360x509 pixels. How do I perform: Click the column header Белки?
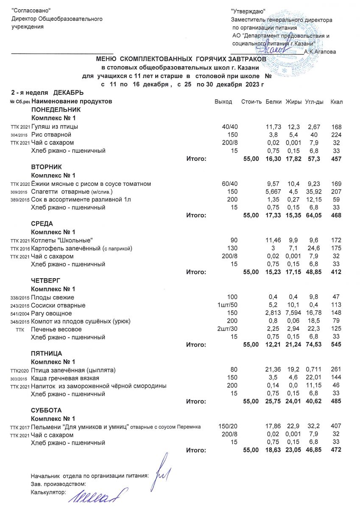(273, 102)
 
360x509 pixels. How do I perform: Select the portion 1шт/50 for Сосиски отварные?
(227, 305)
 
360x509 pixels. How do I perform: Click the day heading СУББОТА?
(46, 411)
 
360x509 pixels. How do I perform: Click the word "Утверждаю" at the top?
(248, 11)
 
